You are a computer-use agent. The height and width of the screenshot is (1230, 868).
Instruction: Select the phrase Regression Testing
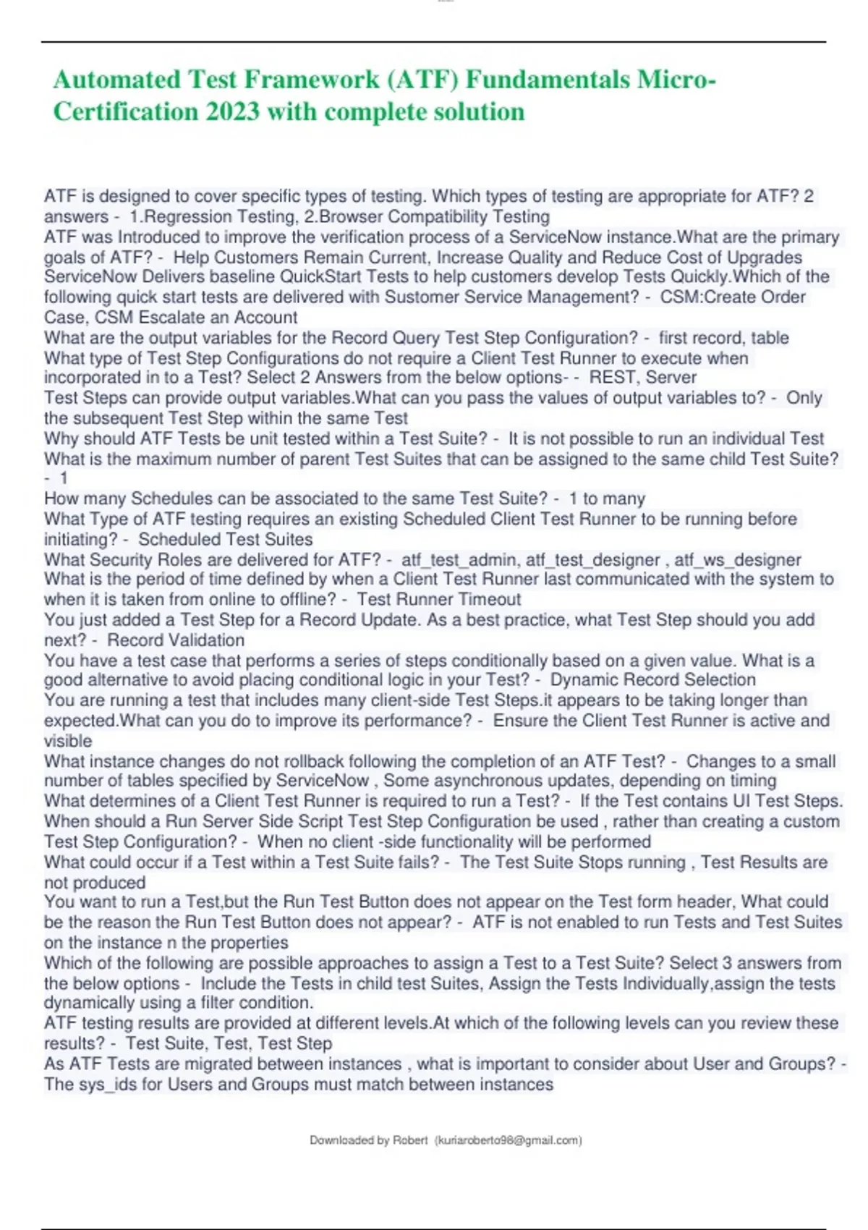click(218, 216)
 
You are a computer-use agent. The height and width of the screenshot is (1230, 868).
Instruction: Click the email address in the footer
click(508, 1140)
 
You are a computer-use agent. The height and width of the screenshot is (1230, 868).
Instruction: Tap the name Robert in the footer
click(410, 1140)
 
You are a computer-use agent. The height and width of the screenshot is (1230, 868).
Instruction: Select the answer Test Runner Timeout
click(439, 599)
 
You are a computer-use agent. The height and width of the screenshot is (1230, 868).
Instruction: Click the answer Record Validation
click(176, 640)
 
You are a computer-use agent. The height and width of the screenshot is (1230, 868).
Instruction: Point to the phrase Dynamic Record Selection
click(652, 679)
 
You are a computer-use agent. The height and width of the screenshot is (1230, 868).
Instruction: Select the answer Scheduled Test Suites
click(226, 539)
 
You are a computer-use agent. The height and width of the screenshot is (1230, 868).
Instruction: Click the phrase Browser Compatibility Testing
click(434, 216)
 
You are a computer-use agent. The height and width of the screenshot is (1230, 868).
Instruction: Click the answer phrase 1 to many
click(607, 499)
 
